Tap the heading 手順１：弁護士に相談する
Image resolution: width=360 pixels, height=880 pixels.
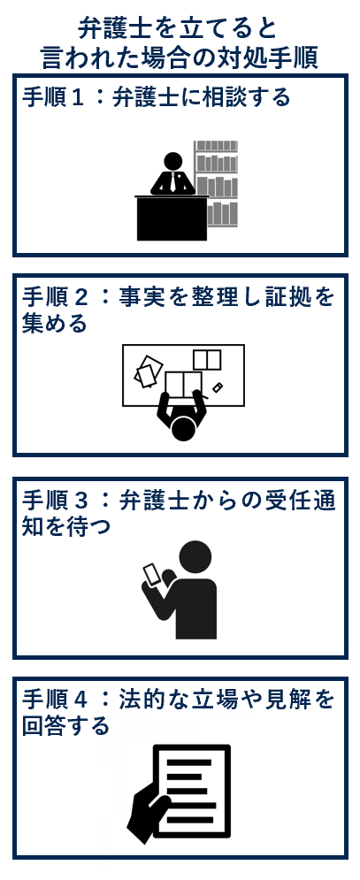157,96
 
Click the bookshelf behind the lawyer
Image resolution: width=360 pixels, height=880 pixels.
217,181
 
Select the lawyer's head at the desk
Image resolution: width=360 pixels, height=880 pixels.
173,161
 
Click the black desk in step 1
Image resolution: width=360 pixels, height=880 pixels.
172,218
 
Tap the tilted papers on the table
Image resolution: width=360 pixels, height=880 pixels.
149,371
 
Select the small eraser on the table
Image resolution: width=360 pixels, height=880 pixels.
217,387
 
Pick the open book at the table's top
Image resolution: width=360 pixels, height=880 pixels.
207,359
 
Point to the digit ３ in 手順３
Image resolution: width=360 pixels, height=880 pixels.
77,501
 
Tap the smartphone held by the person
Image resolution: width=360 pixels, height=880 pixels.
152,576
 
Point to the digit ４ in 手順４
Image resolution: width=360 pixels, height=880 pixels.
77,700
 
